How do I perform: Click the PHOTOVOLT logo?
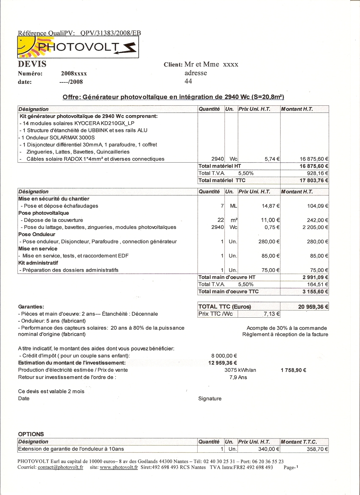click(78, 47)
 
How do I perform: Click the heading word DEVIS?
click(32, 64)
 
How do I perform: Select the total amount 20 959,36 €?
click(313, 307)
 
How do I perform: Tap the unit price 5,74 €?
click(272, 159)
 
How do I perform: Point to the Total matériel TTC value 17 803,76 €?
click(314, 180)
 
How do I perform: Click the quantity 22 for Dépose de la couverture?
click(221, 220)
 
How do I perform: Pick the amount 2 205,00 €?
click(315, 227)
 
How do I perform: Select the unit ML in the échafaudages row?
click(233, 206)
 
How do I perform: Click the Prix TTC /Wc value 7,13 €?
click(271, 314)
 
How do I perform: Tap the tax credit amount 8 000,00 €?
click(224, 356)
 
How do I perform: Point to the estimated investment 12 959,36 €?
click(223, 363)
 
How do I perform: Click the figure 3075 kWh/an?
click(240, 370)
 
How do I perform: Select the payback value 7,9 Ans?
click(238, 377)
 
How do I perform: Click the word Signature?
click(210, 399)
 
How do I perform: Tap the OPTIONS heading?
click(31, 434)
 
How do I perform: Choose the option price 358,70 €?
click(317, 449)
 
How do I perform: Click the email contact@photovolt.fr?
click(60, 467)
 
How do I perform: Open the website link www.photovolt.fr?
click(119, 467)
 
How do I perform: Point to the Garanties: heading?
click(31, 307)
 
